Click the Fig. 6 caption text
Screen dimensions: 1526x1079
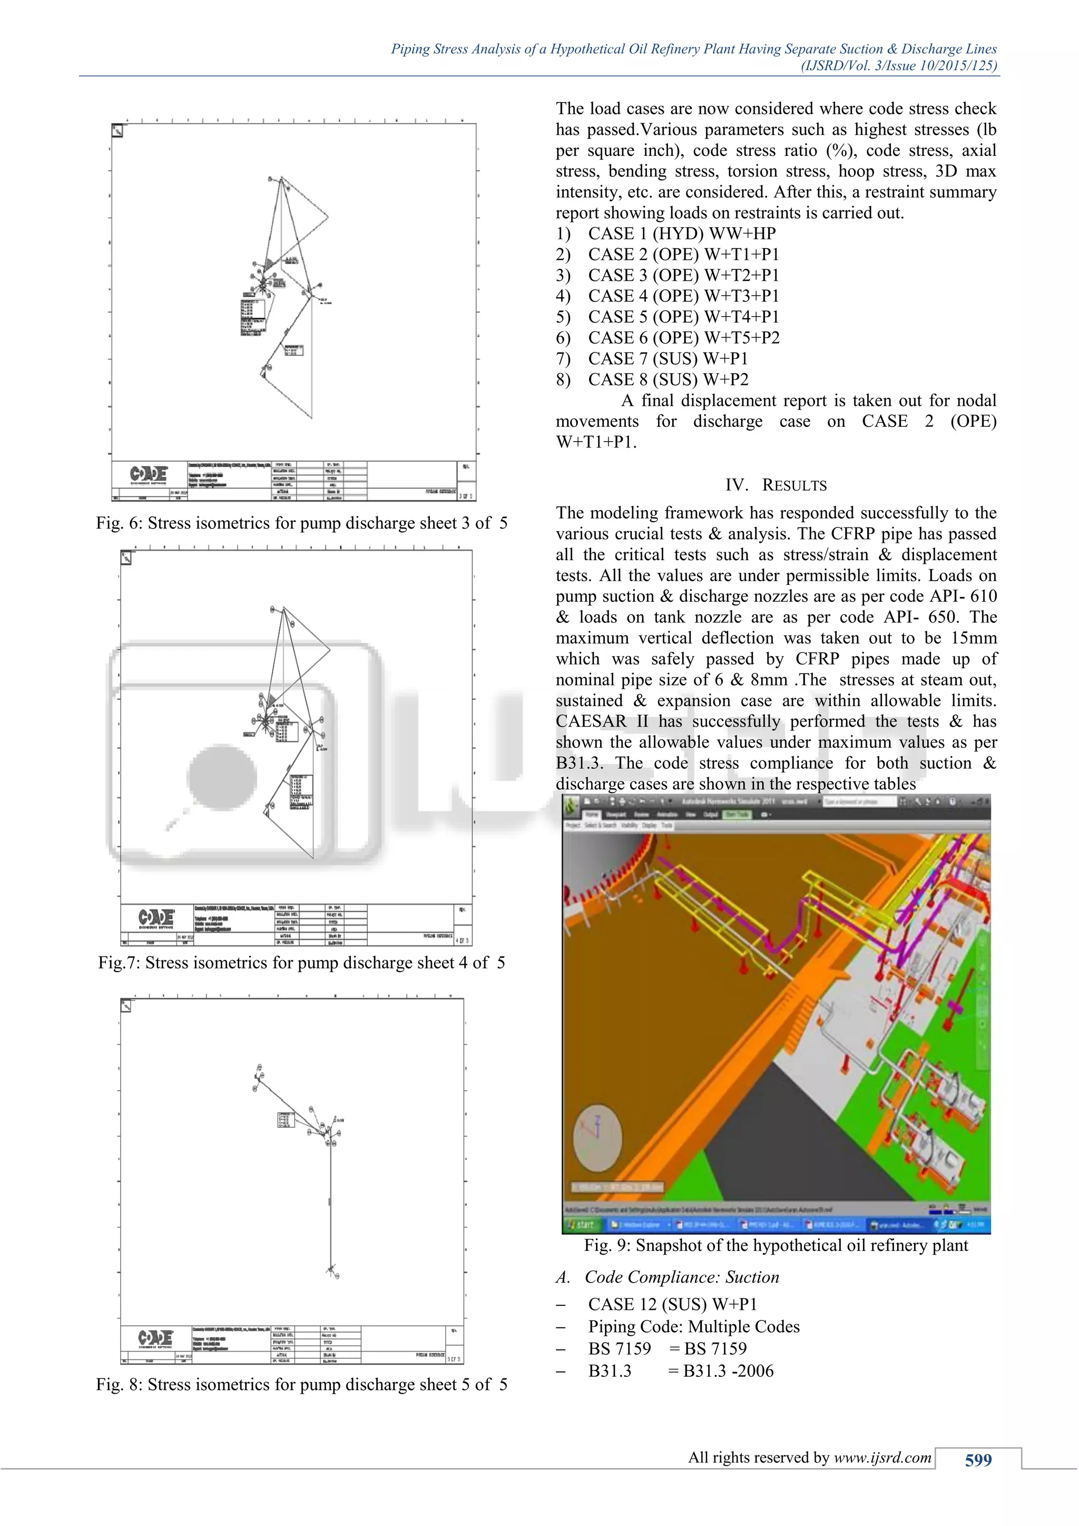[301, 523]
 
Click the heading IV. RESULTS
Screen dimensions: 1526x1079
[776, 485]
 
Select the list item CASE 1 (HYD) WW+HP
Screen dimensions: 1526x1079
[681, 234]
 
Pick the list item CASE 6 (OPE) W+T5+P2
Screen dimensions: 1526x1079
[683, 338]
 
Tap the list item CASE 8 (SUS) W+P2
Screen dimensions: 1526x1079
[668, 379]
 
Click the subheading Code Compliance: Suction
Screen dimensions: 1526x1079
[681, 1277]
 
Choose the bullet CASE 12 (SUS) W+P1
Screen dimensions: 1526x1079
[672, 1304]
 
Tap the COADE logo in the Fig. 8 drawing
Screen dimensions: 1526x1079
[155, 1337]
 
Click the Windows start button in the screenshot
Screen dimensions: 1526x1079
[580, 1224]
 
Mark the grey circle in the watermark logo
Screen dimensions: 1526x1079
[222, 777]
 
